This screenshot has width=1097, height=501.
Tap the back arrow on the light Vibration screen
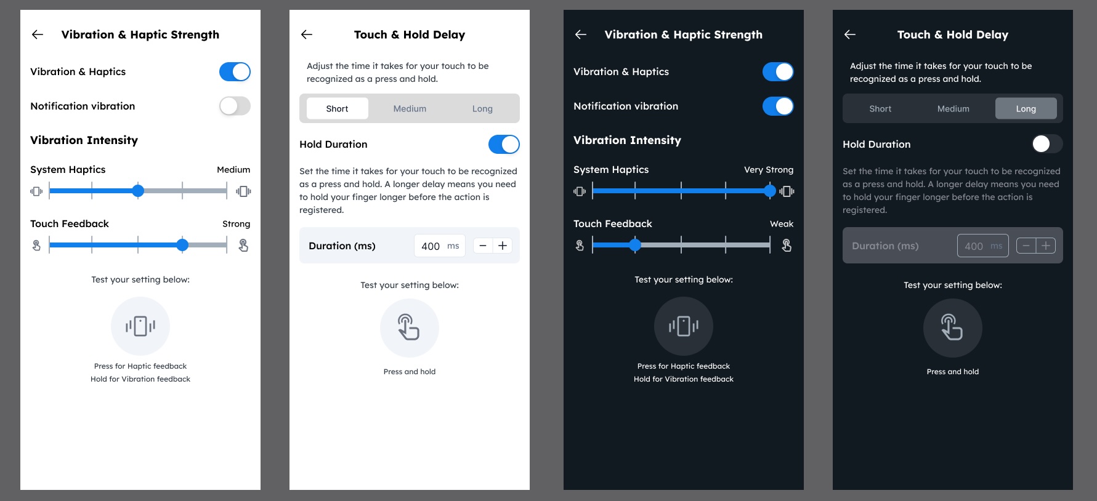[38, 34]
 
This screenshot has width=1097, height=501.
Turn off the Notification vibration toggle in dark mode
[778, 106]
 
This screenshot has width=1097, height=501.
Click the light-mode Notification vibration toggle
[235, 106]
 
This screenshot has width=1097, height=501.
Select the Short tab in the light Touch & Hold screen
[337, 108]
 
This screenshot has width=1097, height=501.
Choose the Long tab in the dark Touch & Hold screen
[1026, 108]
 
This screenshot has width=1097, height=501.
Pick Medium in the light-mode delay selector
[410, 108]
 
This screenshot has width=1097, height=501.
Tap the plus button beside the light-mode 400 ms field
[503, 246]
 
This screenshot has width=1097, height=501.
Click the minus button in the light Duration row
[483, 246]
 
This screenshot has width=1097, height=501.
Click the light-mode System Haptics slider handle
[138, 191]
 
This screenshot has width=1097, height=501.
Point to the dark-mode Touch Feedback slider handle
[635, 245]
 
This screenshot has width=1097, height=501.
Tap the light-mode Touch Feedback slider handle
[182, 245]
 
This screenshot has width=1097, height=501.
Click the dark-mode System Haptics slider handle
[770, 191]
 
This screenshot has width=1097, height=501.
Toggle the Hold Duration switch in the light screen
[504, 145]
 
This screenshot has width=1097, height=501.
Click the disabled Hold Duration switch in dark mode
[1047, 144]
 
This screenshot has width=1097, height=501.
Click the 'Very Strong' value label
[769, 170]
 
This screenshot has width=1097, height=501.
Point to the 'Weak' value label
[782, 224]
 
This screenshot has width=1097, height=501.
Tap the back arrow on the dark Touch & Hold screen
[850, 34]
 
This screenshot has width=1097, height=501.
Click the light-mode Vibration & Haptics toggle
[235, 72]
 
